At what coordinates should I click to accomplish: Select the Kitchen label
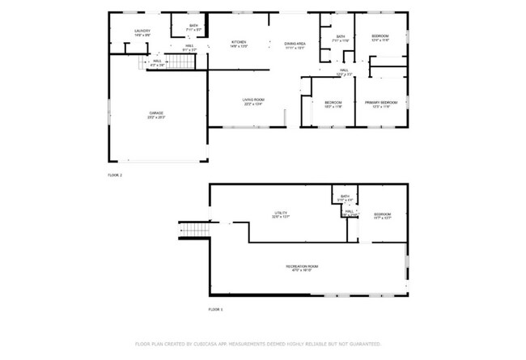(239, 43)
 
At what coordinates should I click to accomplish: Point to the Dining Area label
(295, 44)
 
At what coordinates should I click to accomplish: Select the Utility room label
(280, 214)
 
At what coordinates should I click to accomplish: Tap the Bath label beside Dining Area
(341, 37)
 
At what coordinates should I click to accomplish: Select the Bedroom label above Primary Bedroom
(380, 37)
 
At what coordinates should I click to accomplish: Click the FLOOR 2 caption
(115, 175)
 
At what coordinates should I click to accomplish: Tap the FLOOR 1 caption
(215, 310)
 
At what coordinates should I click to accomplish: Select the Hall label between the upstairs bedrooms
(344, 72)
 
